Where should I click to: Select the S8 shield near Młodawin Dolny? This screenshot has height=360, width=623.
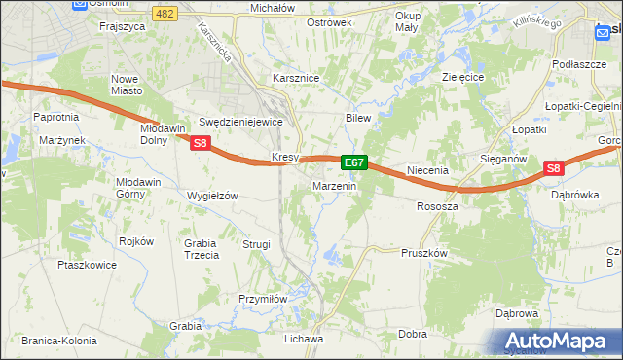coord(201,144)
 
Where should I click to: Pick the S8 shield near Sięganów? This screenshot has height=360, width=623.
coord(553,168)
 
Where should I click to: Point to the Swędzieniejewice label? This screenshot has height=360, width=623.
coord(239,123)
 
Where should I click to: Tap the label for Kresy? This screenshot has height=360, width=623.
coord(283,157)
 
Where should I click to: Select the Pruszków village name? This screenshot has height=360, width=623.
coord(423,252)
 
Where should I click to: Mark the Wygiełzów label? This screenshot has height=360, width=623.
coord(212,196)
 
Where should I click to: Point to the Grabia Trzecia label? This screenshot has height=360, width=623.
coord(201,249)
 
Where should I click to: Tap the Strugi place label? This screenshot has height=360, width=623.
coord(256,244)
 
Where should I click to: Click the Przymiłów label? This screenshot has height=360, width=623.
coord(261,300)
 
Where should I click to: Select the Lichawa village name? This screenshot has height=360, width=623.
coord(303,339)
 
